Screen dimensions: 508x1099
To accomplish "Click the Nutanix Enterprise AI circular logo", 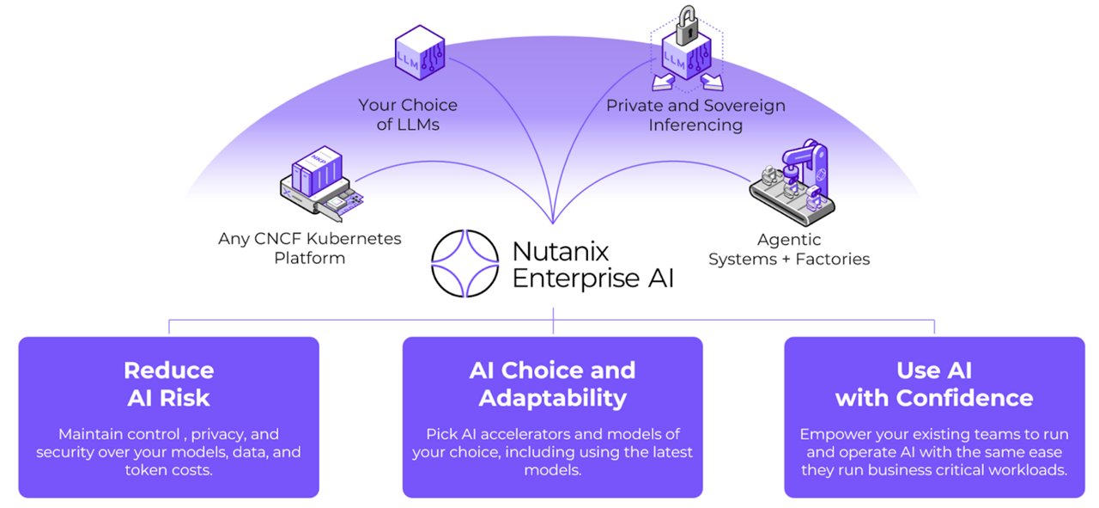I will click(x=465, y=263).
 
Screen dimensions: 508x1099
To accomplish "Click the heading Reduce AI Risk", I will click(x=168, y=383).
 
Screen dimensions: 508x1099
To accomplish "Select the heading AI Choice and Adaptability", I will click(x=552, y=383).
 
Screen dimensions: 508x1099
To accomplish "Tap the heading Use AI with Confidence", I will click(x=934, y=383).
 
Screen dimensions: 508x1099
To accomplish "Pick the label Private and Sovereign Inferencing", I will click(x=695, y=115).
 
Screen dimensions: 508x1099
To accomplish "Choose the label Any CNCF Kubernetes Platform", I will click(x=309, y=248).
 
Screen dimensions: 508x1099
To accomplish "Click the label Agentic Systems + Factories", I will click(x=788, y=249).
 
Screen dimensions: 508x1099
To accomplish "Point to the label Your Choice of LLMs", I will click(x=408, y=115).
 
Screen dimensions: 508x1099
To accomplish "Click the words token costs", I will click(x=168, y=470).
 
